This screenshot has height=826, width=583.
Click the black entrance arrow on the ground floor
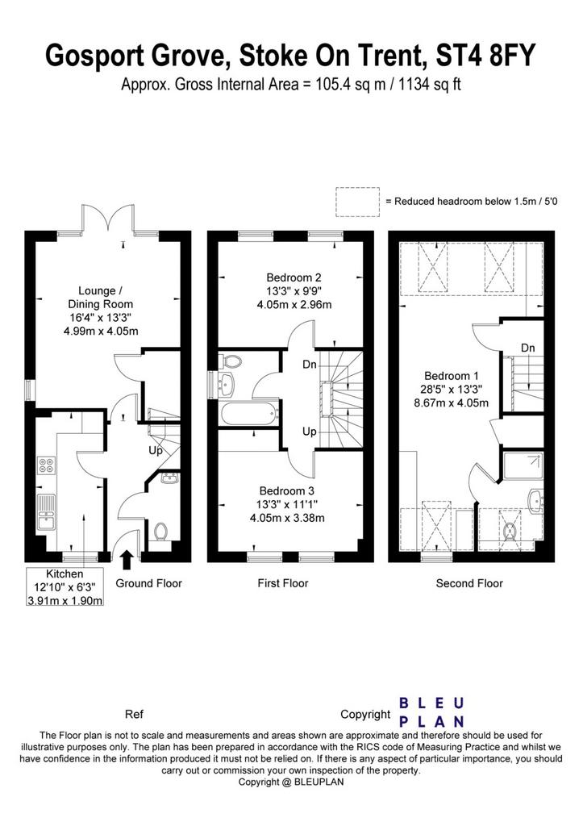tap(127, 560)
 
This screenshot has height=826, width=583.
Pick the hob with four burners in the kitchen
tap(46, 465)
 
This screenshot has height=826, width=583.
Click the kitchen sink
tap(46, 512)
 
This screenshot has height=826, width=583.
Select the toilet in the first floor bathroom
tap(231, 361)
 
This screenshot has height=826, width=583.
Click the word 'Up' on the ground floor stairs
tap(156, 451)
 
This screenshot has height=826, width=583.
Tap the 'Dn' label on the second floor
tap(527, 348)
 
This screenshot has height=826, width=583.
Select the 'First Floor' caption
tap(283, 583)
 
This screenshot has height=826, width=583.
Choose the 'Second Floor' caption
tap(469, 583)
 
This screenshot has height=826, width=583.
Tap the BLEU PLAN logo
tap(431, 712)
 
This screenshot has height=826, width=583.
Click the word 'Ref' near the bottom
tap(134, 715)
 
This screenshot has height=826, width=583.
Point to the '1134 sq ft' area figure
tap(430, 84)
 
